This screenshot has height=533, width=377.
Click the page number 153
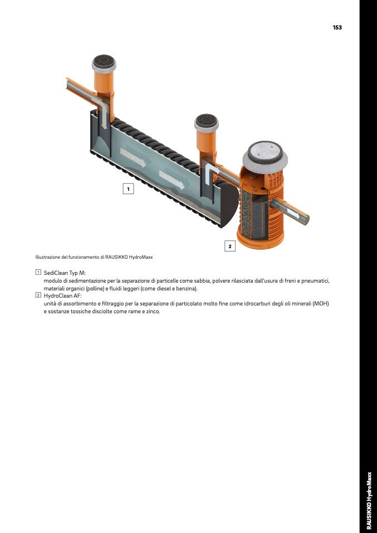(x=337, y=27)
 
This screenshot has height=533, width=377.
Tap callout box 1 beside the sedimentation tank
(x=128, y=189)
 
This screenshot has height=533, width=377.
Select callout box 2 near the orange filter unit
(x=230, y=246)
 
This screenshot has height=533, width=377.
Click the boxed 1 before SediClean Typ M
(x=38, y=272)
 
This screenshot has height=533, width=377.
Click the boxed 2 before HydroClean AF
(x=38, y=295)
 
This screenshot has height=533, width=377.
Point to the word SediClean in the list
(x=56, y=273)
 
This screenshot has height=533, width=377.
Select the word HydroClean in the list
(x=58, y=295)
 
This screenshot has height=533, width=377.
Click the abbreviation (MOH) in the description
(x=321, y=304)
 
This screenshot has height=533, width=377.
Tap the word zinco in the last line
(x=153, y=312)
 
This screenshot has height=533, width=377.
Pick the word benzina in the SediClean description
(x=186, y=289)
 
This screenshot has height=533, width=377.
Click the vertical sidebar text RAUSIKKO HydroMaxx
(x=369, y=500)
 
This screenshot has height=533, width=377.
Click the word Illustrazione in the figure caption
(x=47, y=258)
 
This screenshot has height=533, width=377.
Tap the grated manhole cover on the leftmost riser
(x=104, y=62)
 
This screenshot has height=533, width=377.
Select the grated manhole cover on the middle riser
(x=207, y=121)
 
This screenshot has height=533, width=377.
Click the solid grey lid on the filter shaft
(x=265, y=151)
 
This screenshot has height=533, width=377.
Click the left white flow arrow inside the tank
(x=133, y=157)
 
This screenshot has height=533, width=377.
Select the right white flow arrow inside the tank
(x=172, y=180)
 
